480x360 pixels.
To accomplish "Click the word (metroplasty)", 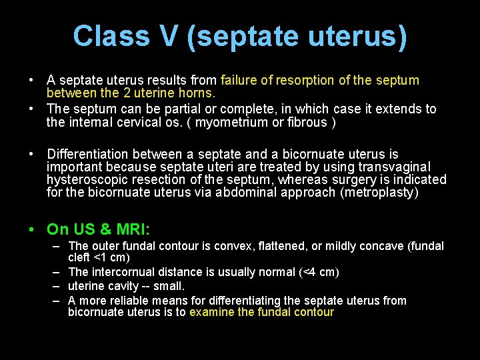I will point(379,192).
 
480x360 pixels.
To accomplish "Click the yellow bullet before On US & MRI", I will point(32,229).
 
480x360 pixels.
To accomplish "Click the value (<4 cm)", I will point(317,272).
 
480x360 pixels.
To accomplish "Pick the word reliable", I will point(131,301).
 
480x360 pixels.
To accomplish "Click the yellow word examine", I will point(213,312).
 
